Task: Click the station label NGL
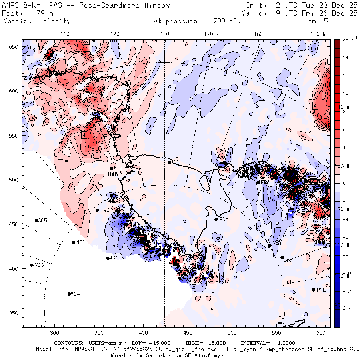click(x=177, y=160)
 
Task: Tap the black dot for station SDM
click(x=216, y=219)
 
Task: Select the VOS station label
click(x=39, y=265)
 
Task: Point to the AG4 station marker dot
click(x=69, y=294)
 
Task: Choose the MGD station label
click(x=81, y=243)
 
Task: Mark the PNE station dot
click(x=314, y=290)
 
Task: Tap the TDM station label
click(x=111, y=174)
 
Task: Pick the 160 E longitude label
click(x=68, y=34)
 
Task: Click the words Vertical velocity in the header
click(x=37, y=21)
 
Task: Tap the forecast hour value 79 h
click(x=37, y=13)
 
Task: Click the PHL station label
click(x=279, y=317)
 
